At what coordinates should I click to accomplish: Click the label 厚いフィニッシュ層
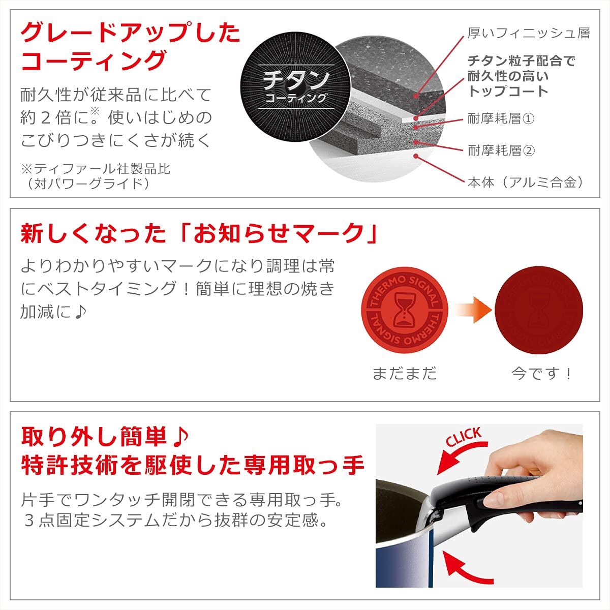pos(529,33)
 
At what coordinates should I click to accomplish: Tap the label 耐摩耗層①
pos(501,119)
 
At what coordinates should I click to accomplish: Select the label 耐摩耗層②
pos(501,150)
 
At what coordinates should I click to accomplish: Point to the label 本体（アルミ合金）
pos(526,182)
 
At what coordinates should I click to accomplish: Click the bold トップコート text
pos(508,91)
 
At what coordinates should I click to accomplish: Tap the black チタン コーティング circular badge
pos(296,87)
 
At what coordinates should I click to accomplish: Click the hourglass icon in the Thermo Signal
pos(404,310)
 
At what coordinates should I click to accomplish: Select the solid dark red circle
pos(538,310)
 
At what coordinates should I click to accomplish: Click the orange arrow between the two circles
pos(474,310)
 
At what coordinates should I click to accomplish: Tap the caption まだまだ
pos(404,373)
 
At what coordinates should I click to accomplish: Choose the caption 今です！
pos(541,373)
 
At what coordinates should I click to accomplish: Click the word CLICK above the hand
pos(464,437)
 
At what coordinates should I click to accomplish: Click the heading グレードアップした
pos(130,33)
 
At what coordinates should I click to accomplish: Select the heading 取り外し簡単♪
pos(105,437)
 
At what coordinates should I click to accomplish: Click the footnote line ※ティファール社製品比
pos(96,169)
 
